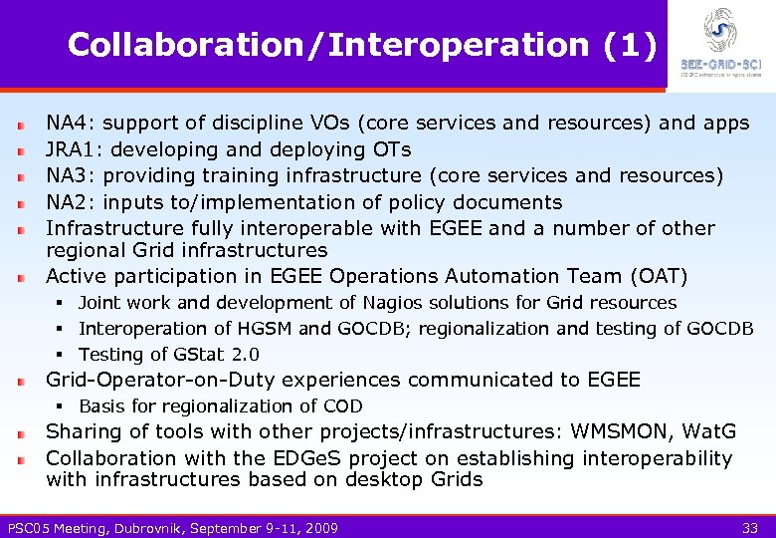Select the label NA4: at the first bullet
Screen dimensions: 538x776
point(71,124)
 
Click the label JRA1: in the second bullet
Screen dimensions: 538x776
point(78,149)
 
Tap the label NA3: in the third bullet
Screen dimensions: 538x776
point(71,176)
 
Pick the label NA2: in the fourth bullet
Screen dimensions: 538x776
point(71,202)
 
